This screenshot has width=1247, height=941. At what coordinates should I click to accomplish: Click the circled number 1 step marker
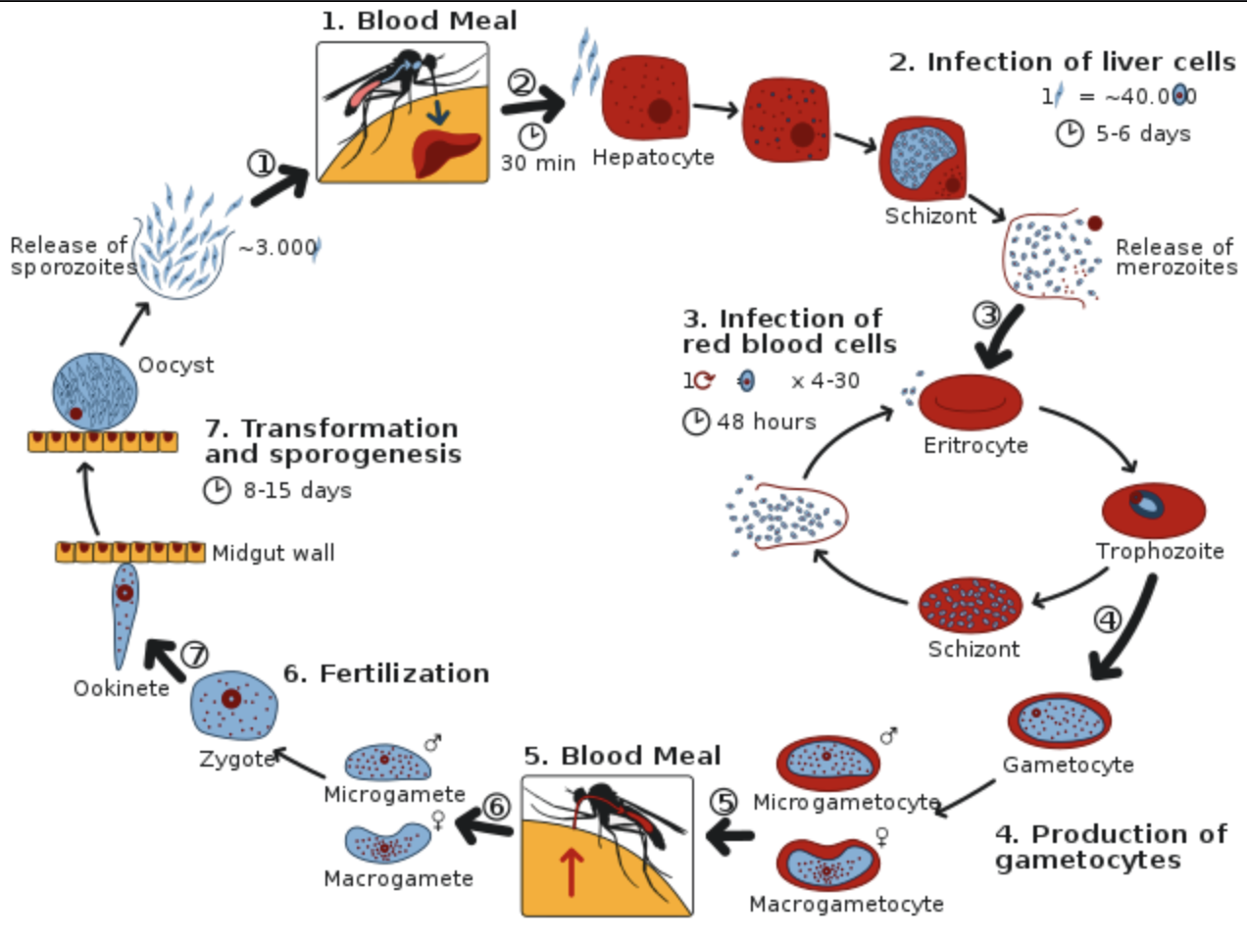point(261,164)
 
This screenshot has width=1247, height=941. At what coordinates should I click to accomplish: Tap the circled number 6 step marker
point(497,807)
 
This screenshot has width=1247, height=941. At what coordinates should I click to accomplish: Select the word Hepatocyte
point(653,157)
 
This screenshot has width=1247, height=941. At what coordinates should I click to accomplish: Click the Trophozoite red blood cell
point(1153,508)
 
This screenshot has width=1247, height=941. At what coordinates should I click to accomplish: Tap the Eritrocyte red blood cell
point(971,402)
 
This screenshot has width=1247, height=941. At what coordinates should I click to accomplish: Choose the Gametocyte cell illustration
point(1060,720)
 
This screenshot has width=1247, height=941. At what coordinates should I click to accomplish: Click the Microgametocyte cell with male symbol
point(828,761)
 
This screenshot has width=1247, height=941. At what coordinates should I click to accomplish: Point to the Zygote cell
point(233,704)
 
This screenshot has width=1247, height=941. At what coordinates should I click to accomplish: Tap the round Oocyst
point(94,390)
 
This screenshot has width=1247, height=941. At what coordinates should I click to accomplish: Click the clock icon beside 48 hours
point(696,421)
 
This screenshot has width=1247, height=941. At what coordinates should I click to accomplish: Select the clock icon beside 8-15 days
point(217,490)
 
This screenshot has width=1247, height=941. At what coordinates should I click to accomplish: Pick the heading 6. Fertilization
point(386,673)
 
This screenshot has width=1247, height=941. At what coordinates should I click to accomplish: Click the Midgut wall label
point(274,553)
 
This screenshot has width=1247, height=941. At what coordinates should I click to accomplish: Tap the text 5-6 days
point(1143,133)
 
